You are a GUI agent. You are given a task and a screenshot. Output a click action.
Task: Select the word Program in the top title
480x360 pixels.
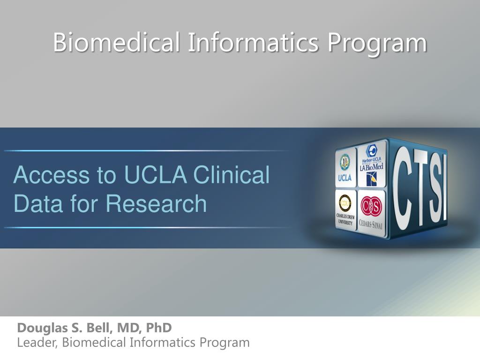point(377,43)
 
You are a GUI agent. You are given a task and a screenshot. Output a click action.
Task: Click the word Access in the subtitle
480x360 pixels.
point(52,175)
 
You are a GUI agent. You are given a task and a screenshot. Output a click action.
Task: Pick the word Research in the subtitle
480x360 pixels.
point(156,204)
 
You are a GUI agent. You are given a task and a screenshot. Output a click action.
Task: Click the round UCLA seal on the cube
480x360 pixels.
point(345,163)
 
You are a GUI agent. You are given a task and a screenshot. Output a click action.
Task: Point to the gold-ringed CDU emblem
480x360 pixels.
point(346,203)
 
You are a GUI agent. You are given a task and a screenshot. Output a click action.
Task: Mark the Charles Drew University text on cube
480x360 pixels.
point(346,219)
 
